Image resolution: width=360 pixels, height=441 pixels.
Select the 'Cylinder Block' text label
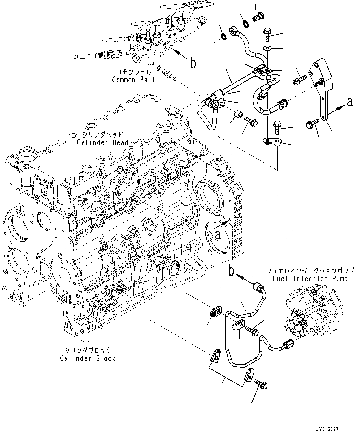point(88,358)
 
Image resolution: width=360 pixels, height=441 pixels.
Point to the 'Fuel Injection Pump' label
point(310,278)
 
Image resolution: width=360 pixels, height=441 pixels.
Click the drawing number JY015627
point(327,430)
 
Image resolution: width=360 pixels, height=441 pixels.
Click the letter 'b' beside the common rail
point(193,63)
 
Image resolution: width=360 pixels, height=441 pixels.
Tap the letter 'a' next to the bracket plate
point(349,102)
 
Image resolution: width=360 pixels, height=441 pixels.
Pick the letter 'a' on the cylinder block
point(218,235)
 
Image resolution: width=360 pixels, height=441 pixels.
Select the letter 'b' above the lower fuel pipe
point(232,271)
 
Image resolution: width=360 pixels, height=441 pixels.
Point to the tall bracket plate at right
point(322,90)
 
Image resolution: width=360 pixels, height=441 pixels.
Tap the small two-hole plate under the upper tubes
point(272,142)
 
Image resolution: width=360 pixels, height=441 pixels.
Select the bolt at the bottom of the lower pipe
point(261,384)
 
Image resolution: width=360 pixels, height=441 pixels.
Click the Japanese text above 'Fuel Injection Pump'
point(310,271)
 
